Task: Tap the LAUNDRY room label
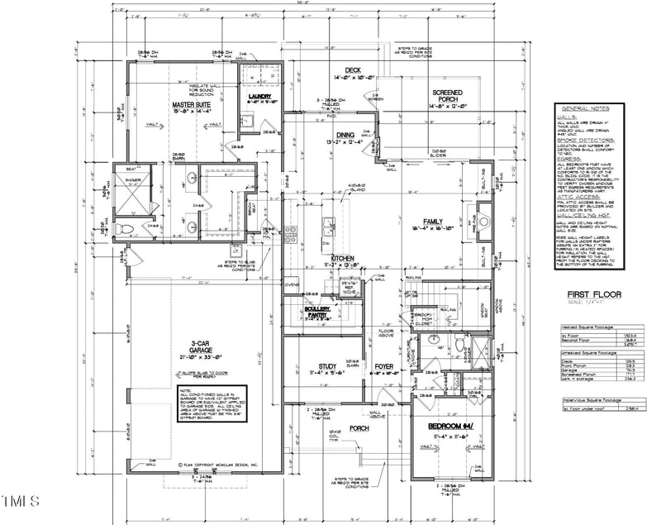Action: (x=260, y=97)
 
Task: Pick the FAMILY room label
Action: (x=434, y=222)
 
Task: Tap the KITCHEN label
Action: (x=343, y=259)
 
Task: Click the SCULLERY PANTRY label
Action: (x=321, y=312)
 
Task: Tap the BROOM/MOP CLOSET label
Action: (x=424, y=317)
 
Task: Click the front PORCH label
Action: (x=359, y=429)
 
